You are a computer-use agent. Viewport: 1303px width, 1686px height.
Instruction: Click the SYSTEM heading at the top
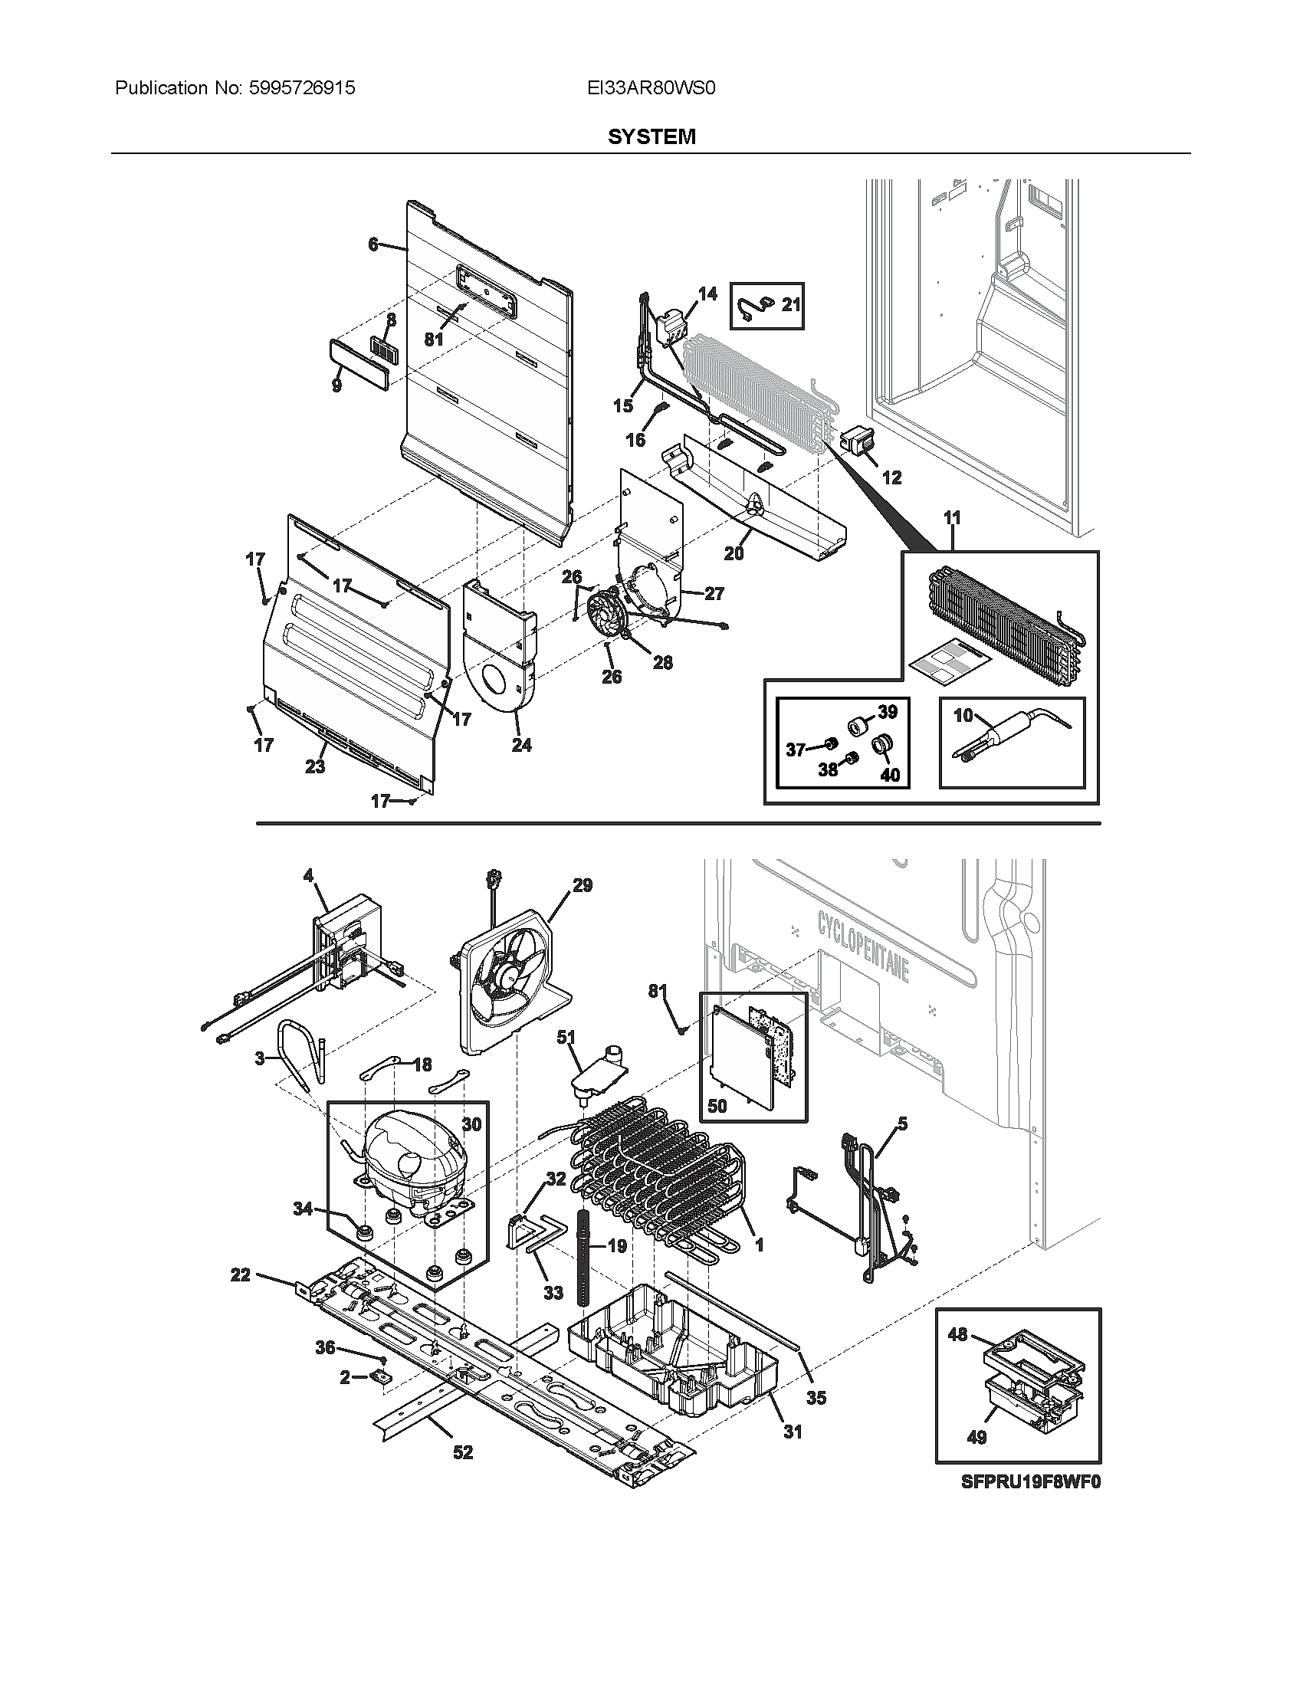[651, 136]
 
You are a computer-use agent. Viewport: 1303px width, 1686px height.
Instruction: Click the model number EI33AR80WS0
[651, 88]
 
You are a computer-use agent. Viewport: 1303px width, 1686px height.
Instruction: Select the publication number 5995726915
[302, 88]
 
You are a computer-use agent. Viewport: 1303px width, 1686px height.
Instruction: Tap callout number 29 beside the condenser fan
[582, 884]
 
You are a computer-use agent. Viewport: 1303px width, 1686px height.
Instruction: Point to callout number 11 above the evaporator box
[952, 517]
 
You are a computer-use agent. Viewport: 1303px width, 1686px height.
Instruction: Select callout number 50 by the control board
[717, 1105]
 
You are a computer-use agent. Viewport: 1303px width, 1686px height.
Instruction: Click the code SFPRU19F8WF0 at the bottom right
[1029, 1482]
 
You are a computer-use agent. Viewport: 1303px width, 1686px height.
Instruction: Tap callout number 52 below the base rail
[462, 1453]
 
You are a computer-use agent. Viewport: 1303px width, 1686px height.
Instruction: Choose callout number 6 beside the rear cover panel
[373, 244]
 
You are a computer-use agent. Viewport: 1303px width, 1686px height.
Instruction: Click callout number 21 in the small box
[791, 305]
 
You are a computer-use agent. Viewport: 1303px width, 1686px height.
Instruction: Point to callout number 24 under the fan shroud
[521, 745]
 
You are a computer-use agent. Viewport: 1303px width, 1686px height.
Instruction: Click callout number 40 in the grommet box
[890, 774]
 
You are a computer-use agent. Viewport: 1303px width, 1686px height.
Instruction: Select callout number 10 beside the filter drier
[963, 716]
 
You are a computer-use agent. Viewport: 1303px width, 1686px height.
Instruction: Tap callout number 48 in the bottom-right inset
[957, 1334]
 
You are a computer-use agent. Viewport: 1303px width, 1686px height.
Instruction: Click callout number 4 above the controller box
[308, 874]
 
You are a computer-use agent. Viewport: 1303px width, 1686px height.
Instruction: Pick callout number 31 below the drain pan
[793, 1432]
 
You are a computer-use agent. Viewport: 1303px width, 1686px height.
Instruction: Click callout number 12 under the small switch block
[891, 478]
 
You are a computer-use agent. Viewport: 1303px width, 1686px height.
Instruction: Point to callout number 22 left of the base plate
[241, 1274]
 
